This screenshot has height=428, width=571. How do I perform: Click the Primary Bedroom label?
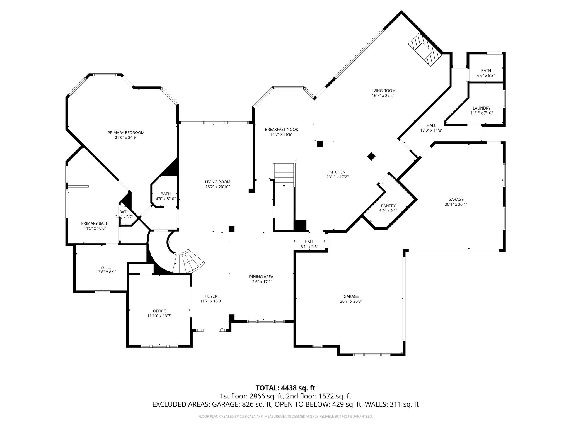(x=126, y=133)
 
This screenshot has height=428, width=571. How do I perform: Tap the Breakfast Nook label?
(x=281, y=130)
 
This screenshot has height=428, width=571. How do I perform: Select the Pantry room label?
(x=388, y=206)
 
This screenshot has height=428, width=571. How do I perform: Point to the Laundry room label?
(x=482, y=108)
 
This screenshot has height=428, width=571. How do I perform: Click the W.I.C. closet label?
(x=106, y=267)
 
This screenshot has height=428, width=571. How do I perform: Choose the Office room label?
(x=159, y=311)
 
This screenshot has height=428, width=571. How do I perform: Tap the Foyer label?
(x=211, y=296)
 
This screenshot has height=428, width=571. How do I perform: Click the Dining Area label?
(x=261, y=277)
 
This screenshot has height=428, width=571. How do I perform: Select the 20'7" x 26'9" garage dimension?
(x=351, y=301)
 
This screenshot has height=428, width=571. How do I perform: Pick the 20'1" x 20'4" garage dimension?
(x=456, y=204)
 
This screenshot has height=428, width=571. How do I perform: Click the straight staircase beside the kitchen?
(x=284, y=176)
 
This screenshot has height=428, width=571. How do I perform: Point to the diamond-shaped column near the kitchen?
(x=371, y=157)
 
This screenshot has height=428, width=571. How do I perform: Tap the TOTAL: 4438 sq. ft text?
(x=285, y=388)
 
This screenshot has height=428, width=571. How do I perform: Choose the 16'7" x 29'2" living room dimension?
(x=383, y=96)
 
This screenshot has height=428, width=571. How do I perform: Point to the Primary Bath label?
(x=95, y=223)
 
